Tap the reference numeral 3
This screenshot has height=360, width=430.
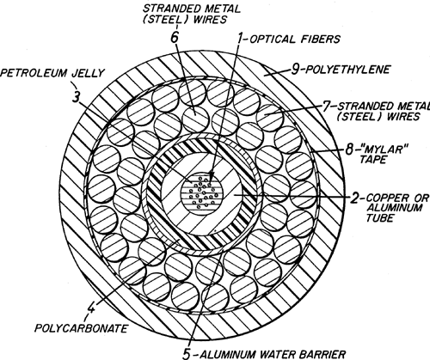tap(76, 98)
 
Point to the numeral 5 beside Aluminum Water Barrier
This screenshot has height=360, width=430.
tap(187, 354)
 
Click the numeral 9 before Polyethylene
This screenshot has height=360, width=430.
tap(295, 70)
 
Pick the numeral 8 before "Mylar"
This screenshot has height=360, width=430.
tap(348, 149)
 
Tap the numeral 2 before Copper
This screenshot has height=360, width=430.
tap(354, 198)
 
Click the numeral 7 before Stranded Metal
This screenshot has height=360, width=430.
tap(327, 107)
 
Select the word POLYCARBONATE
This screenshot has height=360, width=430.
tap(81, 328)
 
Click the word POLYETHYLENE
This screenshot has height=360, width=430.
tap(347, 70)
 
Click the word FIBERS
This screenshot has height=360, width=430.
tap(321, 39)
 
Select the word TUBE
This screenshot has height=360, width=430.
tap(379, 218)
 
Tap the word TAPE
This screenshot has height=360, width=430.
tap(372, 159)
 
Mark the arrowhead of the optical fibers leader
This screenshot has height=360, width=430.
tap(212, 175)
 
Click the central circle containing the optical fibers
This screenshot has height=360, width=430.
tap(202, 193)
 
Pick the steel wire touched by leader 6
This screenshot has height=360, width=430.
tap(195, 119)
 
